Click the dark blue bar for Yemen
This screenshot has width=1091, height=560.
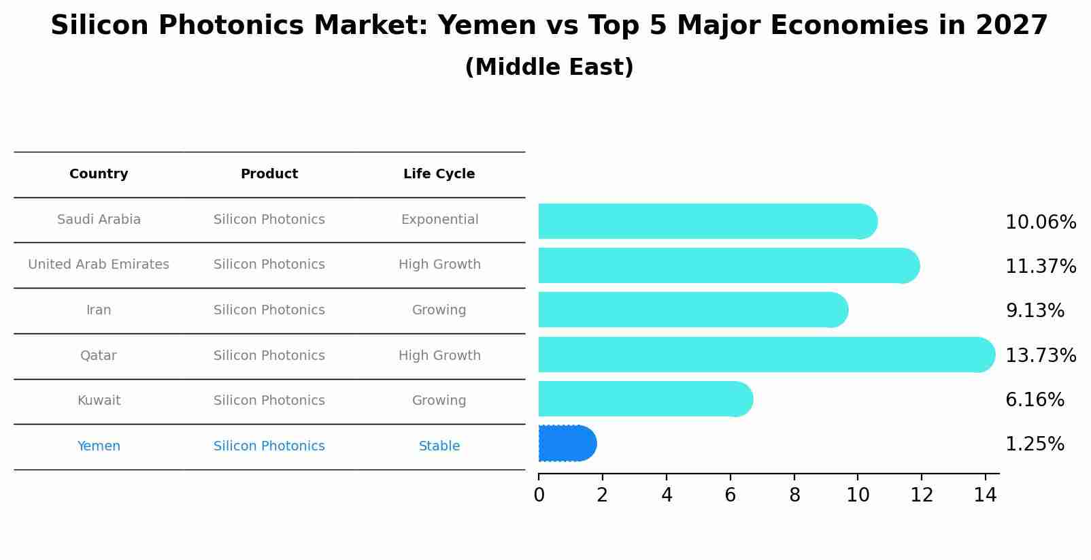tap(566, 444)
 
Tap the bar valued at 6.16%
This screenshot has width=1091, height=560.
tap(645, 399)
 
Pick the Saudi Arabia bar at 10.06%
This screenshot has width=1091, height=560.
tap(707, 221)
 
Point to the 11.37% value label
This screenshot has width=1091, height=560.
tap(1040, 266)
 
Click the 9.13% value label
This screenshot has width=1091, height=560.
tap(1034, 311)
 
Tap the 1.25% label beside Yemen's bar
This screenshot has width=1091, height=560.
tap(1034, 444)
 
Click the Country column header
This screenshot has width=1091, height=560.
tap(99, 174)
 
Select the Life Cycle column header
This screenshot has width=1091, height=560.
tap(439, 174)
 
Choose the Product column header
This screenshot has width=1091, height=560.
tap(269, 174)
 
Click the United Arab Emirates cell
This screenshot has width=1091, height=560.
tap(99, 265)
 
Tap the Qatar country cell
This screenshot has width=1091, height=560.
tap(99, 356)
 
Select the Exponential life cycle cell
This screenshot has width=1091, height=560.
tap(439, 220)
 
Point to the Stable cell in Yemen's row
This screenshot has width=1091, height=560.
tap(439, 446)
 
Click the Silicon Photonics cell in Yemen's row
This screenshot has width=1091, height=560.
tap(269, 446)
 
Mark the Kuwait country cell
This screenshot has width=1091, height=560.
tap(99, 401)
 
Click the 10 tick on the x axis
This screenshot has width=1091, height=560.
tap(858, 495)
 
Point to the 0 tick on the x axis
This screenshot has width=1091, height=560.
tap(539, 495)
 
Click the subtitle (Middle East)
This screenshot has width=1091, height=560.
tap(549, 67)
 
